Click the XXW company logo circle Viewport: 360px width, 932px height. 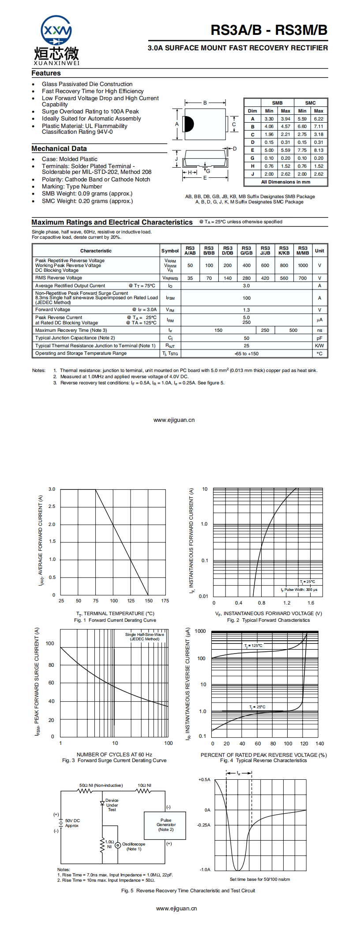(56, 31)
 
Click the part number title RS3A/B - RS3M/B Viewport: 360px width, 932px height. (269, 30)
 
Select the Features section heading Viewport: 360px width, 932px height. (46, 73)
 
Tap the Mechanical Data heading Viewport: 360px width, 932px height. (59, 149)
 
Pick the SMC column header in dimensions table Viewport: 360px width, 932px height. (310, 103)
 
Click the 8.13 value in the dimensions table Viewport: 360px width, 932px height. (319, 150)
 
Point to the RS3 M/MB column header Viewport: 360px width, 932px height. (303, 251)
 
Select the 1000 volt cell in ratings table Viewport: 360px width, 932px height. (303, 266)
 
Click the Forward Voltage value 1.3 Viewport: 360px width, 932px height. (246, 310)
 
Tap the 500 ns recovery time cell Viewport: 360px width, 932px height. (293, 330)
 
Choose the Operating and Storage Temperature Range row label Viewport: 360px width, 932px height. (81, 353)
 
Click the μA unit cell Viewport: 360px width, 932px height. (319, 320)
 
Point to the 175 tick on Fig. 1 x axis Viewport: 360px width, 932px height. (165, 601)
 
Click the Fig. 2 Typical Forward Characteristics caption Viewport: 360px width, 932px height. (268, 620)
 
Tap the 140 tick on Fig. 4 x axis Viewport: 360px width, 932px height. (320, 744)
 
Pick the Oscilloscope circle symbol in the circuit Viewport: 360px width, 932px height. (118, 846)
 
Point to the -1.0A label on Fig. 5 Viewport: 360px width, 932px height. (205, 870)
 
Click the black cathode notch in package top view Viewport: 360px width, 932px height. (189, 124)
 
